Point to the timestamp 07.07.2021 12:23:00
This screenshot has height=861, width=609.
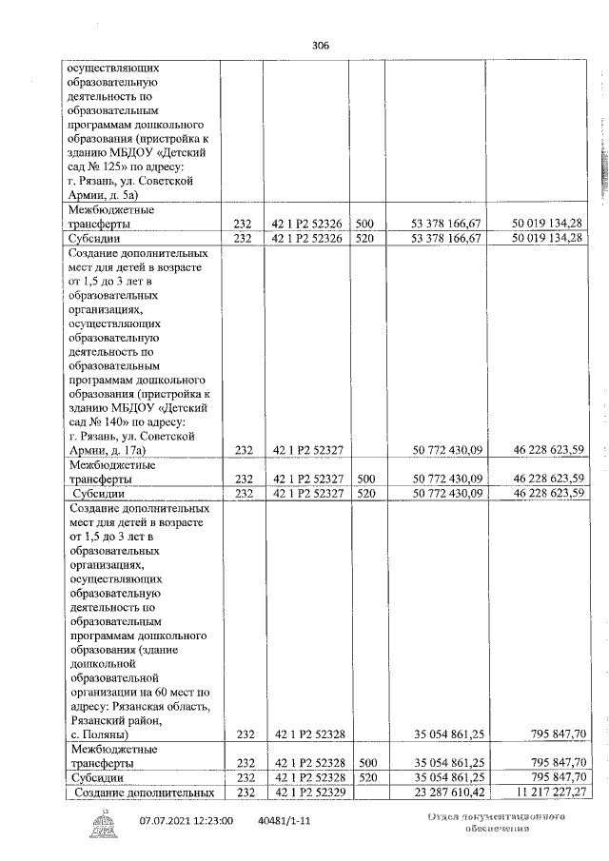click(187, 820)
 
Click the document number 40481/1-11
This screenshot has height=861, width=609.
click(283, 820)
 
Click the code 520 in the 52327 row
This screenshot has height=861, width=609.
click(364, 494)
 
